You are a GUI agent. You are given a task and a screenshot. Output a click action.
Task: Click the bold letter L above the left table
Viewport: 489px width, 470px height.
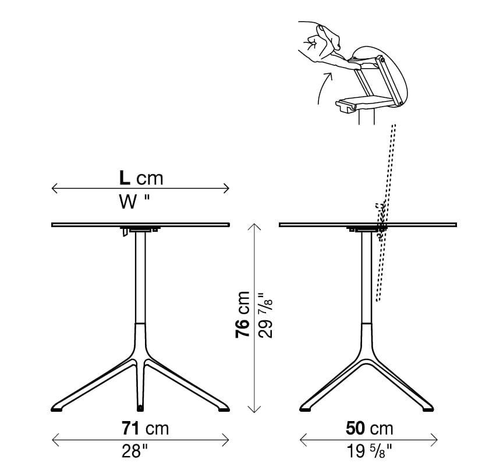(x=125, y=178)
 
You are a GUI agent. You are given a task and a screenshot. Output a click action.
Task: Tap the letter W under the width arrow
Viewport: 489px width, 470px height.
(x=128, y=202)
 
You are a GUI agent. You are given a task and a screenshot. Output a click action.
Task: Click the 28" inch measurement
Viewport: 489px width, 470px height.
(x=134, y=451)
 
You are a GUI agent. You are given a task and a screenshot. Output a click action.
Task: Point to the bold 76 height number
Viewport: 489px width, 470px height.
(x=243, y=328)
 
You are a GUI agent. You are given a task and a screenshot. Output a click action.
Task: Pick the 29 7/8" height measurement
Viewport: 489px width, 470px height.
(x=265, y=315)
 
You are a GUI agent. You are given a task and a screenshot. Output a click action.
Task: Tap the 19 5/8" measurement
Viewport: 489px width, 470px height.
(x=369, y=451)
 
